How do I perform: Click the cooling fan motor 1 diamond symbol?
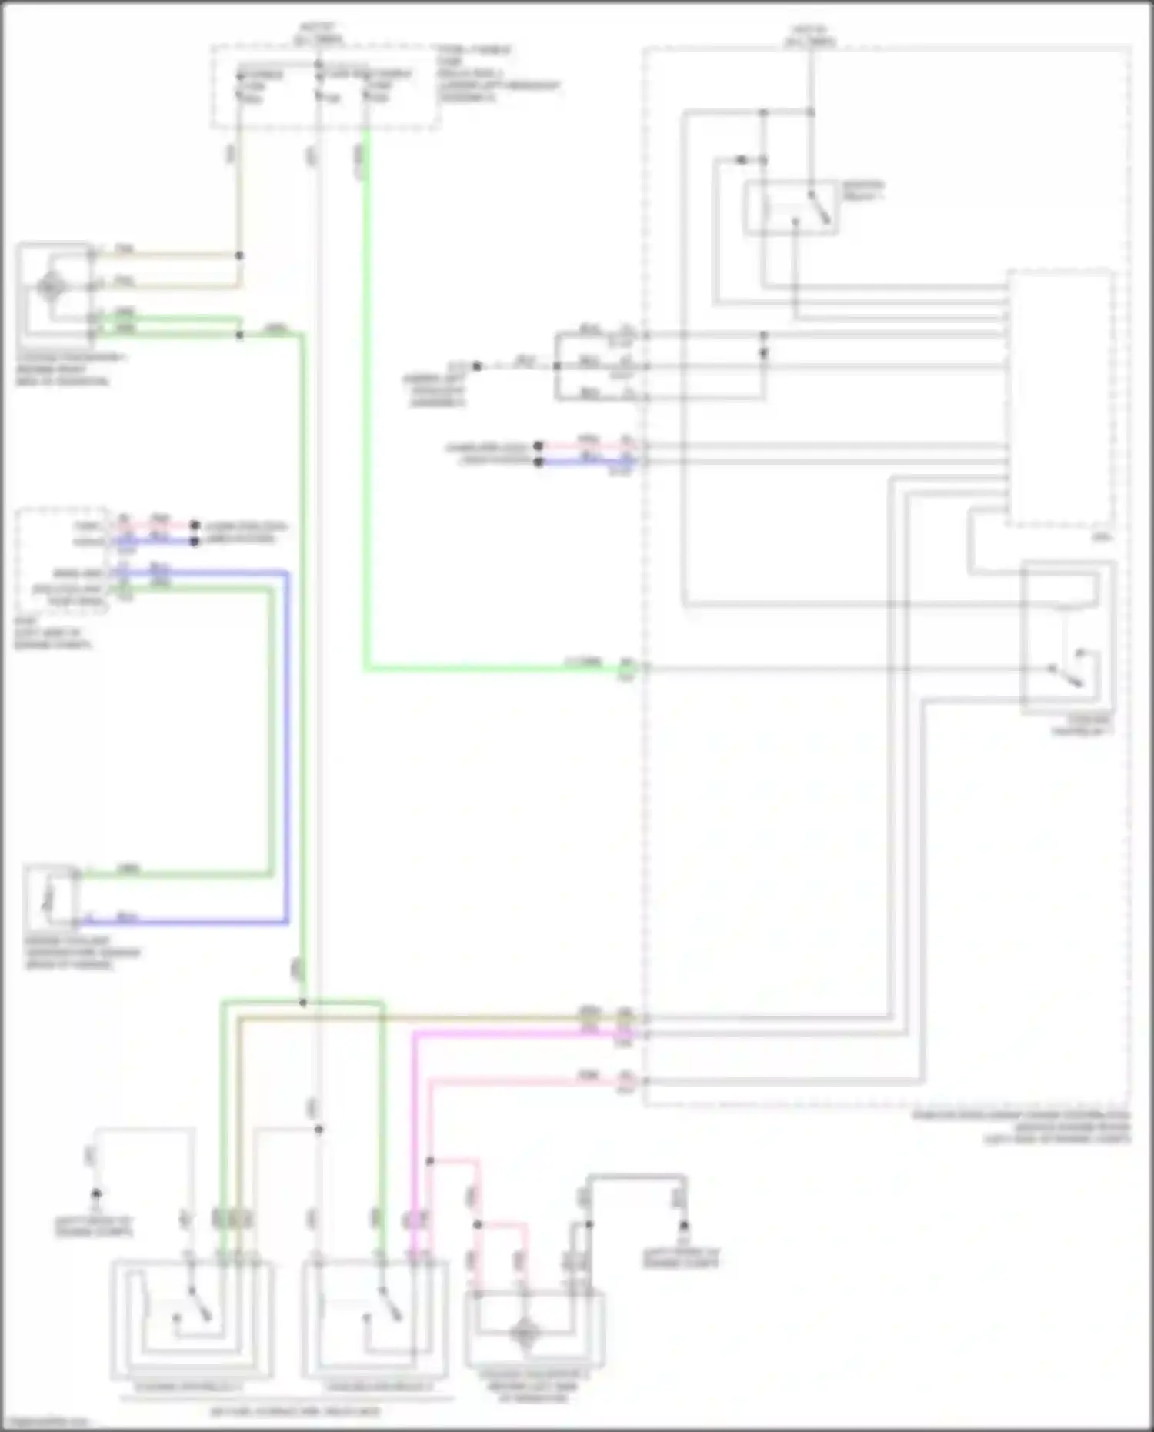(51, 288)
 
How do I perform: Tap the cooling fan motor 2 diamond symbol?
(525, 1331)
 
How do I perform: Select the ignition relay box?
(790, 208)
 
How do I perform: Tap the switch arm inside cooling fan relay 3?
(389, 1308)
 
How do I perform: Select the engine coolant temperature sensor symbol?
(48, 897)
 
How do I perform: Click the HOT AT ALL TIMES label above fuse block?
(319, 32)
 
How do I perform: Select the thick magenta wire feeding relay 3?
(414, 1139)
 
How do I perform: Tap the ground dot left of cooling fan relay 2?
(96, 1193)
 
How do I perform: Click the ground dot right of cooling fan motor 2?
(683, 1224)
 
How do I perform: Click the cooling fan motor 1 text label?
(69, 369)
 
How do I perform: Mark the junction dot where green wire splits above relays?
(302, 1003)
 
